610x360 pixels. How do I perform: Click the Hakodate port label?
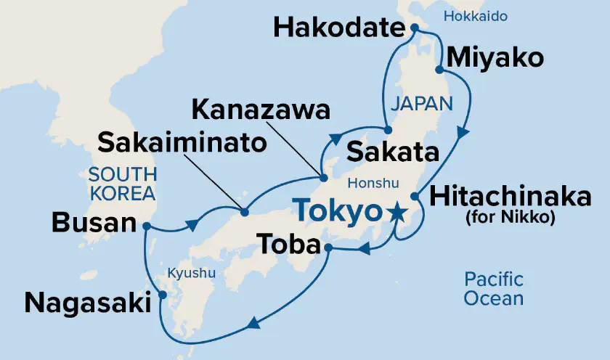click(x=338, y=30)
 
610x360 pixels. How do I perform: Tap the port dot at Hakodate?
click(x=414, y=28)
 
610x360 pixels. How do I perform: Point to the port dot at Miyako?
click(x=439, y=70)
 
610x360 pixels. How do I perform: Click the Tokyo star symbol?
click(x=396, y=212)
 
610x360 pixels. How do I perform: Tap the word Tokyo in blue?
click(x=338, y=211)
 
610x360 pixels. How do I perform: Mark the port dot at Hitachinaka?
click(x=415, y=196)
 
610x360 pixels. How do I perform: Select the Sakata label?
click(x=393, y=153)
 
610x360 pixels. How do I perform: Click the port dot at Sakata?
click(x=388, y=130)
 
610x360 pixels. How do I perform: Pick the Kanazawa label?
click(x=261, y=111)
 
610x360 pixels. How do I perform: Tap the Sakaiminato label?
click(x=182, y=143)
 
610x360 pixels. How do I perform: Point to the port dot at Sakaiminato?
click(x=244, y=213)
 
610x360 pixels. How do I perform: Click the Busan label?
click(x=94, y=224)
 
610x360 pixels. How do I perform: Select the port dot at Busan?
click(x=147, y=226)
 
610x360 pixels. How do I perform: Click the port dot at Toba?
click(x=328, y=248)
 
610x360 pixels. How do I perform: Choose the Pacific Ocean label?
click(x=495, y=288)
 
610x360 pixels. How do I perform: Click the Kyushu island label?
click(x=192, y=274)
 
